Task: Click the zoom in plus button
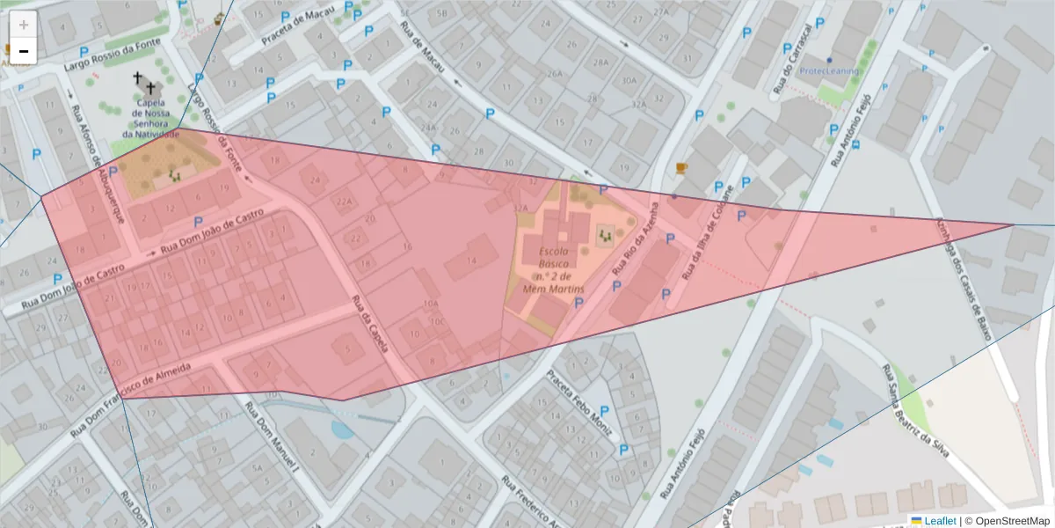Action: point(24,24)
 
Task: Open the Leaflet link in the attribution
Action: point(939,521)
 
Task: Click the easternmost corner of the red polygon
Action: point(1014,224)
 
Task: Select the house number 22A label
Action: point(344,201)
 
